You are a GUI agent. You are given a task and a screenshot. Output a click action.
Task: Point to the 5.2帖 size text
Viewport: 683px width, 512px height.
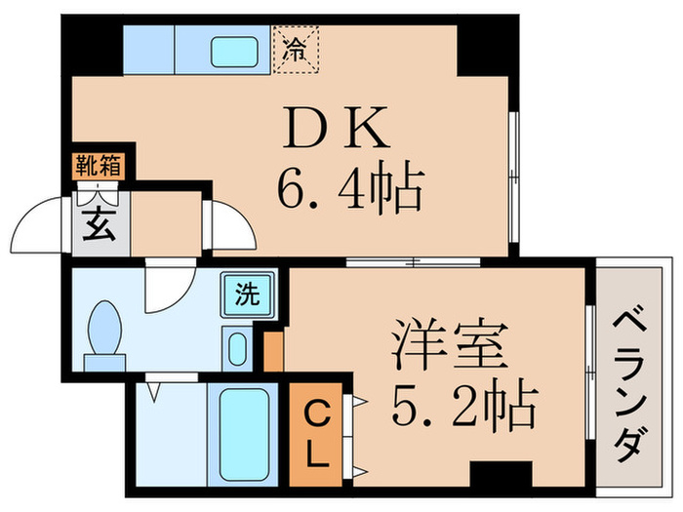463,407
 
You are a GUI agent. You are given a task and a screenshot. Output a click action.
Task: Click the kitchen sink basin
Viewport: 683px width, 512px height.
234,49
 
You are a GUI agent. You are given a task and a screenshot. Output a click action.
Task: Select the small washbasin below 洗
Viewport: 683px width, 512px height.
236,348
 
